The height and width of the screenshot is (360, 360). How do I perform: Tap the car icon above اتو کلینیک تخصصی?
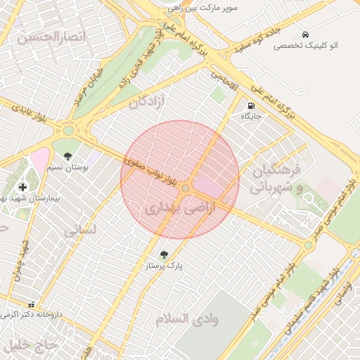[x=305, y=34]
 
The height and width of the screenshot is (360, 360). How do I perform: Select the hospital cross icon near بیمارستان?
[x=23, y=186]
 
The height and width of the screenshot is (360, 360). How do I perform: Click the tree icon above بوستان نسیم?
[x=67, y=157]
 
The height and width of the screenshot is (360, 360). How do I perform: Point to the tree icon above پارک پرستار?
[x=164, y=255]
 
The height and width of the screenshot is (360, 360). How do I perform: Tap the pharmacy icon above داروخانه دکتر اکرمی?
[x=31, y=304]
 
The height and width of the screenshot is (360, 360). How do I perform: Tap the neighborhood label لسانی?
[x=79, y=229]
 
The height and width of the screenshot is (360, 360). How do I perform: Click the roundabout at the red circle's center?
[x=186, y=188]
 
